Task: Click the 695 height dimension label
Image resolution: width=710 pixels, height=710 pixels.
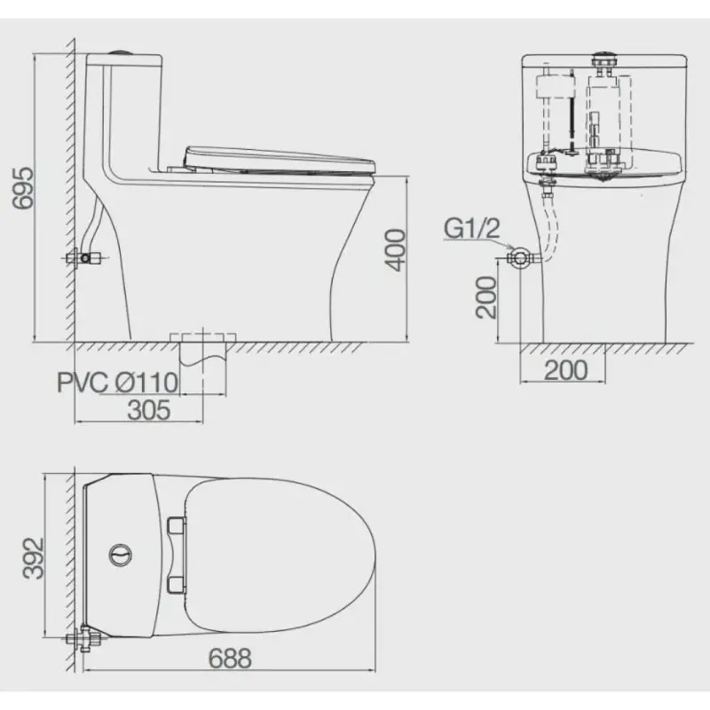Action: [x=23, y=188]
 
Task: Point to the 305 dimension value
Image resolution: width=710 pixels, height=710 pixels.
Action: [x=149, y=410]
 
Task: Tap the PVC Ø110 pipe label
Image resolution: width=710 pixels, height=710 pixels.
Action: [x=118, y=383]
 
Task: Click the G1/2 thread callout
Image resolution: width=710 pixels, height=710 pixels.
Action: [x=472, y=228]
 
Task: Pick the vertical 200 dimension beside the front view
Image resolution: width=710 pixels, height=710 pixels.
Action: [x=486, y=297]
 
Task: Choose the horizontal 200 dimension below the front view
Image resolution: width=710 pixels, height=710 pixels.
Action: [x=566, y=370]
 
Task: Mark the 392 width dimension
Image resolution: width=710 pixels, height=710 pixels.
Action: [x=34, y=558]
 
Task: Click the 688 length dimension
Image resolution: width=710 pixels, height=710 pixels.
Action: [x=230, y=659]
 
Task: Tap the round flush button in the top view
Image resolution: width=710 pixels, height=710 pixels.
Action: [x=121, y=555]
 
